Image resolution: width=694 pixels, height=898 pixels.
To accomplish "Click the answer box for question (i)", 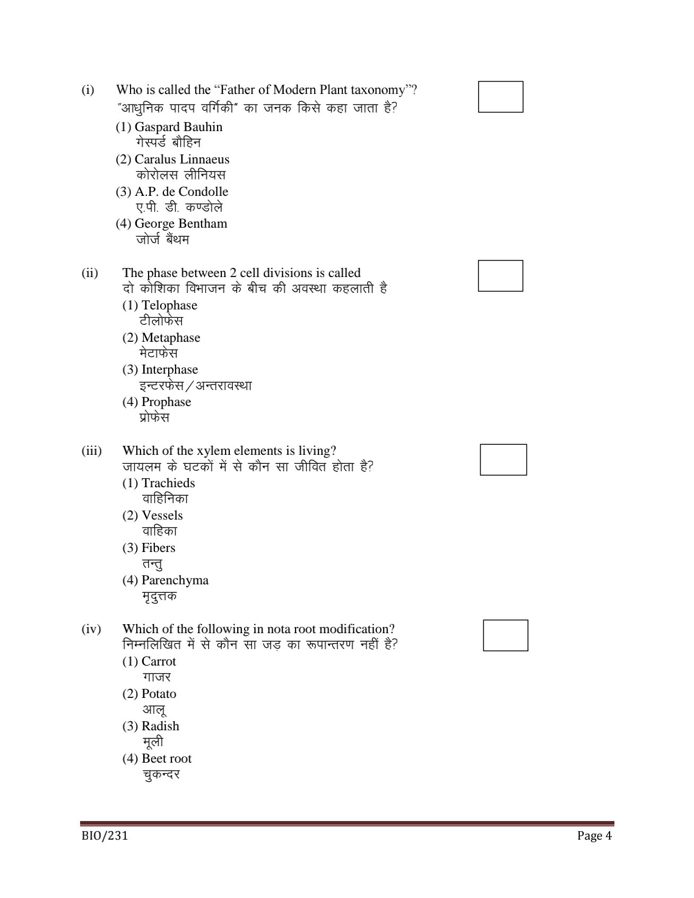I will (500, 97).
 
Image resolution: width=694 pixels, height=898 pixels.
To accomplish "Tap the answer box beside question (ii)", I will (500, 275).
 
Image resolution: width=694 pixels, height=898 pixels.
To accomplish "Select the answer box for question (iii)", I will (503, 460).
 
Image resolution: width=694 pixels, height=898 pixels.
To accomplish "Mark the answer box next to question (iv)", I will (505, 635).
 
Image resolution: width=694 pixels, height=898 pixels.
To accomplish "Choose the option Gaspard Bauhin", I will (169, 127).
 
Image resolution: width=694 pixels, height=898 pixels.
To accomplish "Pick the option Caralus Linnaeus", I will (172, 160).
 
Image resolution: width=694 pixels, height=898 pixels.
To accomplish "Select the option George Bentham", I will (171, 224).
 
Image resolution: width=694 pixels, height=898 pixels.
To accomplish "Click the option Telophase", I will (160, 306).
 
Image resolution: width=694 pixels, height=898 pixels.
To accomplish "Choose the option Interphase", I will (160, 370).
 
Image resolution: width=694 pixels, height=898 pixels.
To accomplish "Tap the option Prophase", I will (157, 402).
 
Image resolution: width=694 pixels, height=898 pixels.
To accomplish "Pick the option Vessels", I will (153, 516).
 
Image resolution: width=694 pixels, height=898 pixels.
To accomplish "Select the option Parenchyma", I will (166, 581).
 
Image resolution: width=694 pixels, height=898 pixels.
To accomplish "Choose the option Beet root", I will (157, 759).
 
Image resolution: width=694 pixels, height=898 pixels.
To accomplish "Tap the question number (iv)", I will (91, 629).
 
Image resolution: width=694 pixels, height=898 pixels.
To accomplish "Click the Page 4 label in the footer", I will (595, 836).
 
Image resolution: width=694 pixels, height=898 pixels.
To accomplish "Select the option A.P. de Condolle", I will (172, 192).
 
